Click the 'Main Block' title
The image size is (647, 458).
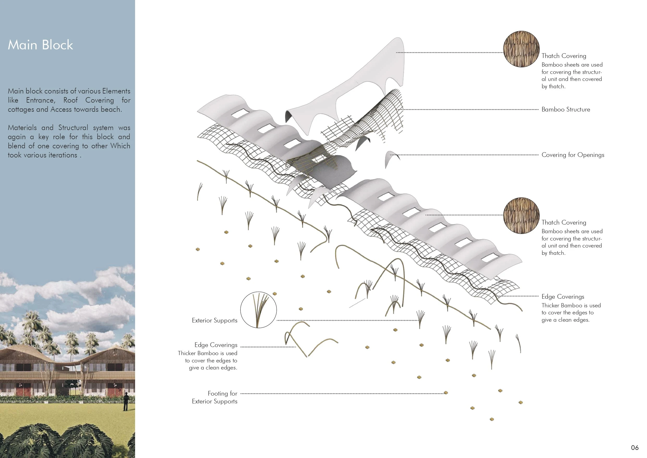point(40,45)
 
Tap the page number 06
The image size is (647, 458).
point(634,448)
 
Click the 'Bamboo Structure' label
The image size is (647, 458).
point(566,109)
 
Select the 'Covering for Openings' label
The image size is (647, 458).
point(573,155)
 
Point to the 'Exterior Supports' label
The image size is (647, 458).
point(214,321)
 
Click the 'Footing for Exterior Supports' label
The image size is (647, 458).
point(214,397)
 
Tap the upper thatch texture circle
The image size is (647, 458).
point(521,49)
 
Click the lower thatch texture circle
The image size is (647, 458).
point(521,216)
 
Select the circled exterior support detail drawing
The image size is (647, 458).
point(258,310)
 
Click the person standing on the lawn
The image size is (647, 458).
point(126,401)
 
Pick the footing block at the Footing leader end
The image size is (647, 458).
point(446,393)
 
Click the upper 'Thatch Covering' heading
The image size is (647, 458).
point(564,56)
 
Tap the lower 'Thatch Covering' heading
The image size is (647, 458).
point(564,222)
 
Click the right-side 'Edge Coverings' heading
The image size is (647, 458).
point(563,297)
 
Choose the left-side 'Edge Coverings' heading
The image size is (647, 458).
point(216,345)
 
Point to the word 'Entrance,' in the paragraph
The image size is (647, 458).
point(41,100)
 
